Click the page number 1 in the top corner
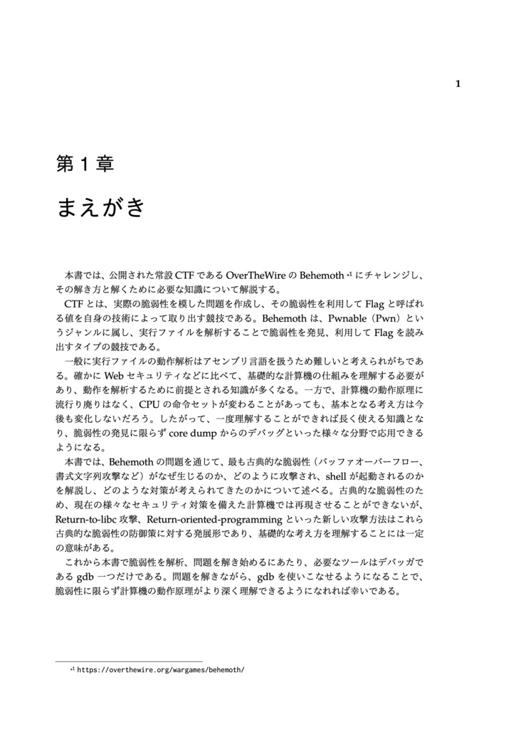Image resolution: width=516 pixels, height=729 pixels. point(458,84)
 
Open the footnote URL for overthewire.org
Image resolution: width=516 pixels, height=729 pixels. point(160,670)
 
